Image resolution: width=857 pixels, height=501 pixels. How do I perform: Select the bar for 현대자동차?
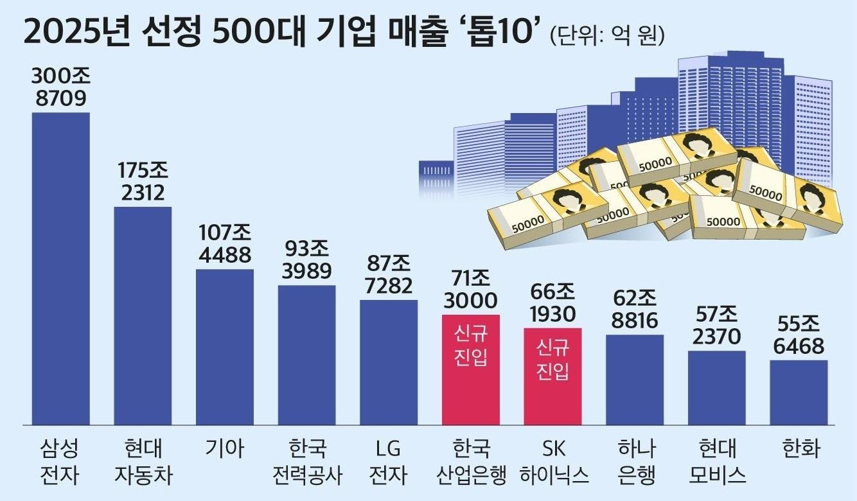[143, 315]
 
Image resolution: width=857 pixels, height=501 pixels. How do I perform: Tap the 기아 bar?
[224, 347]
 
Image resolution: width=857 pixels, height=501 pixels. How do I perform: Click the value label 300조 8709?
[60, 87]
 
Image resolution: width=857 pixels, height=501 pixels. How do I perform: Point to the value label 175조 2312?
[143, 182]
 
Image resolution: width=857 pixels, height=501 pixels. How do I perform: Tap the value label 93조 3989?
[306, 260]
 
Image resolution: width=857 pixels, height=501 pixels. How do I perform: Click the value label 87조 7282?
[389, 274]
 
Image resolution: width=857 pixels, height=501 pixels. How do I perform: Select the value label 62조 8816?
[635, 310]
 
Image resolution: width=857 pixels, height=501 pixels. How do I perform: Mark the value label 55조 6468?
[799, 335]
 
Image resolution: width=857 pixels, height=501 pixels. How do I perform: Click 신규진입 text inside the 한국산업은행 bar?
[471, 345]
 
